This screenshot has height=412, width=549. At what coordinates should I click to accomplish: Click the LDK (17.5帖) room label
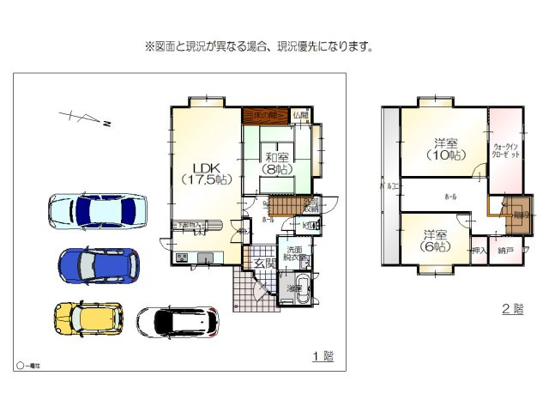tap(206, 173)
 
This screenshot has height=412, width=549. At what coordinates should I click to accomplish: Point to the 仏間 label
tap(299, 115)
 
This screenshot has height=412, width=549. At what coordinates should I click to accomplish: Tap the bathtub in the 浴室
tap(303, 287)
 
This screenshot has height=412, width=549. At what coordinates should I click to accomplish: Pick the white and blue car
tap(96, 210)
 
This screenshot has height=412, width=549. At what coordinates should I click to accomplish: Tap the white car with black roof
tap(178, 322)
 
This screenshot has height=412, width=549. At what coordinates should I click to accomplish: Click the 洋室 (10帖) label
tap(444, 149)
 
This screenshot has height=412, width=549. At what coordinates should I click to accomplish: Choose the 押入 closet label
tap(479, 251)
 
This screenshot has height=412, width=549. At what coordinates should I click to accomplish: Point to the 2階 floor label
tap(512, 308)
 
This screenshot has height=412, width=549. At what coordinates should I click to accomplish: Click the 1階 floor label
tap(322, 356)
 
